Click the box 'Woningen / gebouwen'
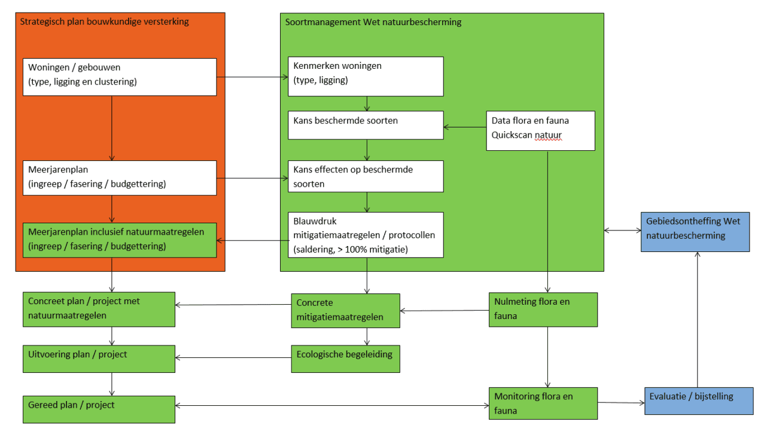[120, 77]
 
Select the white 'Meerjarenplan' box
[120, 178]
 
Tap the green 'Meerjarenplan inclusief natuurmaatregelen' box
[120, 240]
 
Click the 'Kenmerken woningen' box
[366, 76]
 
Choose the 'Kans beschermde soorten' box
[366, 125]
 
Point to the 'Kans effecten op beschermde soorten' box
[366, 176]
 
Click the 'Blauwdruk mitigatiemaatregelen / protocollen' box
[366, 235]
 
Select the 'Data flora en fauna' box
[540, 130]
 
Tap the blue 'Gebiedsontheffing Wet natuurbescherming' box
[695, 232]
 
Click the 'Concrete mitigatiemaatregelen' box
[345, 311]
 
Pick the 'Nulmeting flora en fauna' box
[543, 309]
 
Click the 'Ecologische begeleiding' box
[345, 359]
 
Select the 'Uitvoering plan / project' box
[99, 359]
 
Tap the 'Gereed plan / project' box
[99, 409]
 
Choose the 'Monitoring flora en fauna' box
[543, 403]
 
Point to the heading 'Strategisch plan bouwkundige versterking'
[105, 22]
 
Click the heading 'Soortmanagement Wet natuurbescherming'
[373, 23]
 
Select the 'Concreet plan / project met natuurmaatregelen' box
[99, 309]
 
